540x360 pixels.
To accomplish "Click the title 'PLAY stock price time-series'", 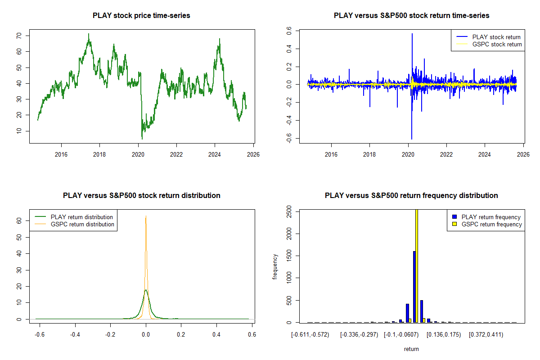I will point(141,15).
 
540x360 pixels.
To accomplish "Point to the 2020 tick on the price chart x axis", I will point(138,154).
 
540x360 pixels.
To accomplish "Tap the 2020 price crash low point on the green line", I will point(142,139).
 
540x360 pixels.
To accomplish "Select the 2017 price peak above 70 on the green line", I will point(89,34).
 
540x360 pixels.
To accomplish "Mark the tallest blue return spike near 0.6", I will point(412,34).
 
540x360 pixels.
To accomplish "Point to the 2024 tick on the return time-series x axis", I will point(485,154).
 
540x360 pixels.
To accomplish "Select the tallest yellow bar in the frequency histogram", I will point(417,265).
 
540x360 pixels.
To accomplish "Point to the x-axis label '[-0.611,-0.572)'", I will point(310,335).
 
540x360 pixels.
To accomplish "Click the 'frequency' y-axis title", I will point(275,266).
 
